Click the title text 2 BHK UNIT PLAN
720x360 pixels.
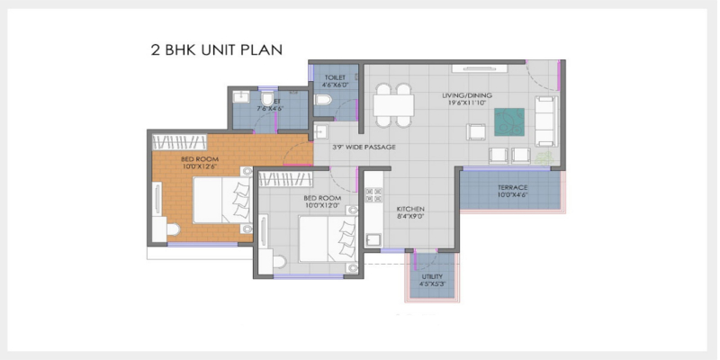pos(216,49)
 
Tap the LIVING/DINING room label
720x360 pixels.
pos(465,94)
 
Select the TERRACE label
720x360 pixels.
pos(512,188)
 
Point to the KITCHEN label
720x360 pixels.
pos(410,209)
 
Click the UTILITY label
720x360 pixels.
pos(432,277)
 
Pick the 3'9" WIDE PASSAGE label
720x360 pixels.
pos(364,147)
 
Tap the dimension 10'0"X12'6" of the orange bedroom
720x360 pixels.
pos(200,166)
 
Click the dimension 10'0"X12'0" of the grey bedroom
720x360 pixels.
pos(321,204)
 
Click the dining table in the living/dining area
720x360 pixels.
pos(394,106)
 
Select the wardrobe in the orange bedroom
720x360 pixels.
pos(180,141)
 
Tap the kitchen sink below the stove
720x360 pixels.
pos(371,241)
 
